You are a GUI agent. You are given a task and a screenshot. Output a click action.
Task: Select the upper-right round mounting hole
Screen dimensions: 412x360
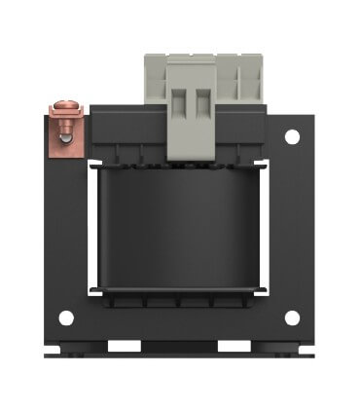(292, 139)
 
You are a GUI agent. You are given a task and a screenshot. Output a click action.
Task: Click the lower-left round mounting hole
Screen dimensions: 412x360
(65, 318)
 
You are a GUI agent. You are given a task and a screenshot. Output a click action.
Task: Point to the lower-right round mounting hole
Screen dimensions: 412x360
(292, 318)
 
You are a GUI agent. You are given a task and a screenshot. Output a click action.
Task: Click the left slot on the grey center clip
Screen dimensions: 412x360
(181, 107)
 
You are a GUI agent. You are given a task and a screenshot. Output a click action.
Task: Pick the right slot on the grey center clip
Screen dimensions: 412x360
(201, 107)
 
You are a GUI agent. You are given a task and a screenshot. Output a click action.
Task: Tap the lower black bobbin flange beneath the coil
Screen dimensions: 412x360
(181, 300)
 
